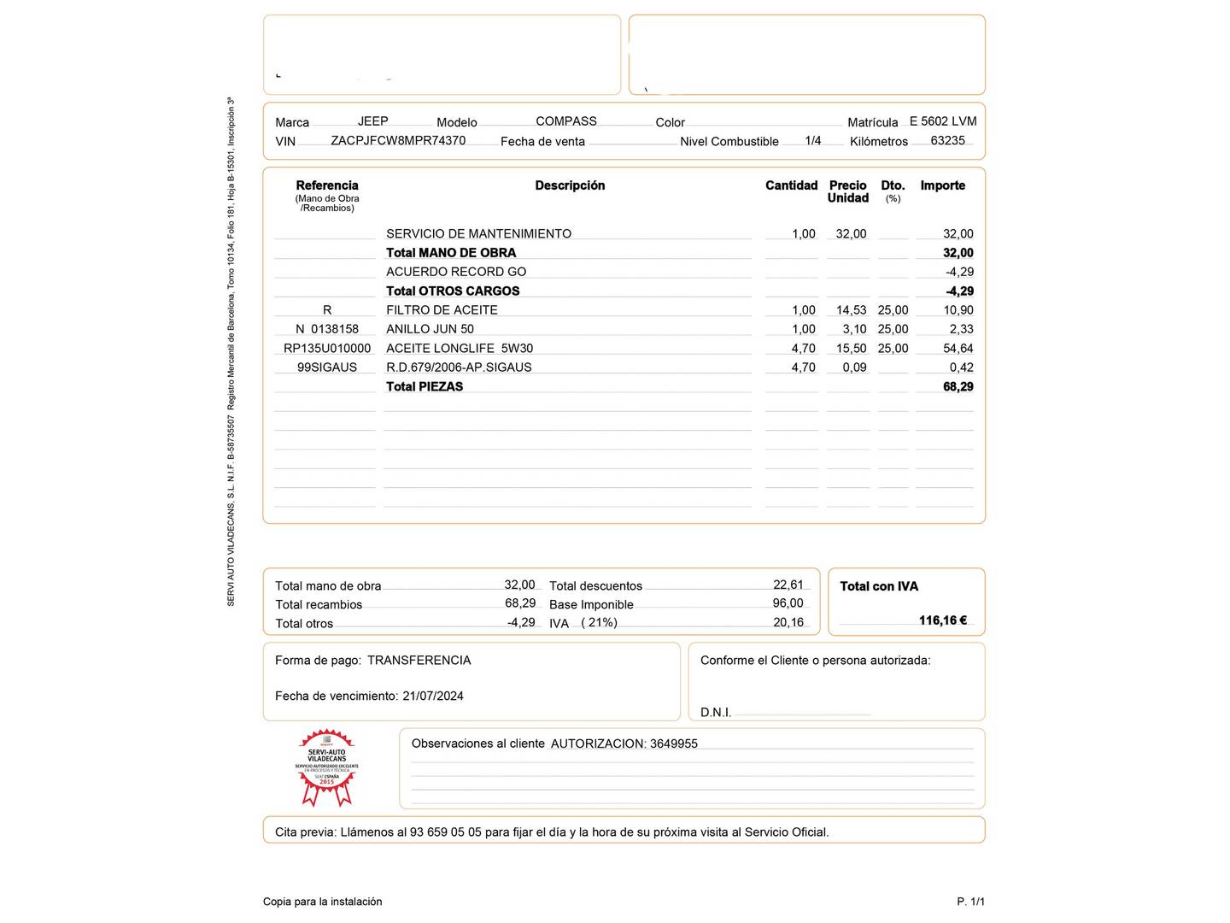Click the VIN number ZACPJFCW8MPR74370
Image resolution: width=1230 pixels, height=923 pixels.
pos(398,140)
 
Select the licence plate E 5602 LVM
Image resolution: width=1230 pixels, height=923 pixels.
pos(943,121)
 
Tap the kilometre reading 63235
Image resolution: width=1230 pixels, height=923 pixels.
pos(947,140)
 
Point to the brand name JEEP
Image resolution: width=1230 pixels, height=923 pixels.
pos(372,121)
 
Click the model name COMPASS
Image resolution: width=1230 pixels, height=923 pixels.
pos(565,121)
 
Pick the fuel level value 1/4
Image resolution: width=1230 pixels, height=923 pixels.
pos(812,140)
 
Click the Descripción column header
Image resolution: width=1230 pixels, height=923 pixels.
pos(570,185)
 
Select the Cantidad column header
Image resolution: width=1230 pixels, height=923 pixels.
pos(791,185)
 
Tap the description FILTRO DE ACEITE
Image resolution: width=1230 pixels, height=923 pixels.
pos(442,310)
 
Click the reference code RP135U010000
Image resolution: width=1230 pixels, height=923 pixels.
pos(327,349)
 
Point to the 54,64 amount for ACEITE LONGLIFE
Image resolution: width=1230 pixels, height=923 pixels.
pos(958,349)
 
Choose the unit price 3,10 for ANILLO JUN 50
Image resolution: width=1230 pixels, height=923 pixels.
pos(854,329)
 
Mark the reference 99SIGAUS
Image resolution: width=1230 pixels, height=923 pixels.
pos(327,367)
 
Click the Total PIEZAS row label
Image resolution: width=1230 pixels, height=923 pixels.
pos(425,386)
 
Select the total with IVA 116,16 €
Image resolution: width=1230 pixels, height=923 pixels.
pos(943,620)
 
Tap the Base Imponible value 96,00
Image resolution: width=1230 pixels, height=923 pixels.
pos(788,603)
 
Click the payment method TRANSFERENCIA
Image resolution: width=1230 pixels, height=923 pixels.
pos(419,661)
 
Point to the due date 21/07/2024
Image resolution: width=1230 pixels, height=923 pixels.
pos(433,697)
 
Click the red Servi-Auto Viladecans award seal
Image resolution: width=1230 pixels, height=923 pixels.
pos(327,767)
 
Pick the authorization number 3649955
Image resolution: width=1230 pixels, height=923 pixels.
pos(674,744)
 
